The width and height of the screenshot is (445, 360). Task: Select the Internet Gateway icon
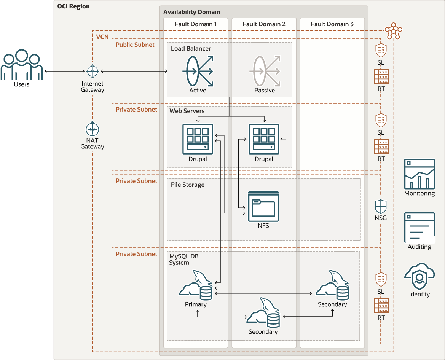92,71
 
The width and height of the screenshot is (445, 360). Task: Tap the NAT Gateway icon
92,129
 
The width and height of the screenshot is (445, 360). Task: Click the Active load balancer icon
198,71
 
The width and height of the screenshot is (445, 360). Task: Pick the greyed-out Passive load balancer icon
265,71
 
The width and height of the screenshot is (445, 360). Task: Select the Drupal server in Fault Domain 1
198,139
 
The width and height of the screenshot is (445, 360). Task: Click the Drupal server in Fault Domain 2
264,139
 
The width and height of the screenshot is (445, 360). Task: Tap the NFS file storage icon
263,206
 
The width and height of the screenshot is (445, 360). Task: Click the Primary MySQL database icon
196,286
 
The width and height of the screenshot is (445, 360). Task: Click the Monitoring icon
419,174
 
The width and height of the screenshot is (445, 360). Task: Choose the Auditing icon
419,228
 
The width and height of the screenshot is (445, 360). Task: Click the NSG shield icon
381,207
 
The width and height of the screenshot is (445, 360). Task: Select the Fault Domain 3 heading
332,24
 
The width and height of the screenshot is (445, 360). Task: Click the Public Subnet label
135,45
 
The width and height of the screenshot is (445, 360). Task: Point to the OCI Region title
73,7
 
